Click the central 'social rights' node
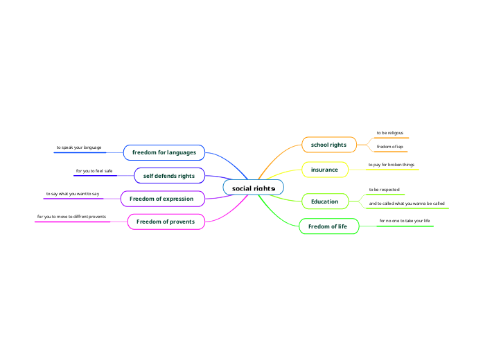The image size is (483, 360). tap(253, 188)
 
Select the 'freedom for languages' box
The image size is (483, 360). tap(164, 152)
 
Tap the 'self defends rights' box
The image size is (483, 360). tap(168, 176)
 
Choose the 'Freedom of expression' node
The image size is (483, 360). tap(163, 199)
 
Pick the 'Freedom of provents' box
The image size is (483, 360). tap(166, 222)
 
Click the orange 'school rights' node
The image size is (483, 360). tap(328, 145)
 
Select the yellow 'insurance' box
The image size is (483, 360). tap(324, 170)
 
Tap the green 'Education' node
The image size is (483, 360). tap(324, 201)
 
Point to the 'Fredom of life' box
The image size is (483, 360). tap(328, 226)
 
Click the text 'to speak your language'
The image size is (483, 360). tap(79, 147)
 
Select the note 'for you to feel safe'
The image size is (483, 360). tap(94, 170)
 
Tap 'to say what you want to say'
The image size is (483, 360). tap(73, 194)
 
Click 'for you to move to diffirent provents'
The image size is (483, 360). tap(71, 217)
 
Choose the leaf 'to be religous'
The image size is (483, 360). tap(389, 132)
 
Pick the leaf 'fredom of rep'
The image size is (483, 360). tap(389, 147)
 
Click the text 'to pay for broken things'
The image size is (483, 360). tap(391, 165)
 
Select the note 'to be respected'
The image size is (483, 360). tap(384, 189)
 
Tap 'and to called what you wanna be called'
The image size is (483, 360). tap(406, 204)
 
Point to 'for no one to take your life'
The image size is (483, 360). tap(405, 221)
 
